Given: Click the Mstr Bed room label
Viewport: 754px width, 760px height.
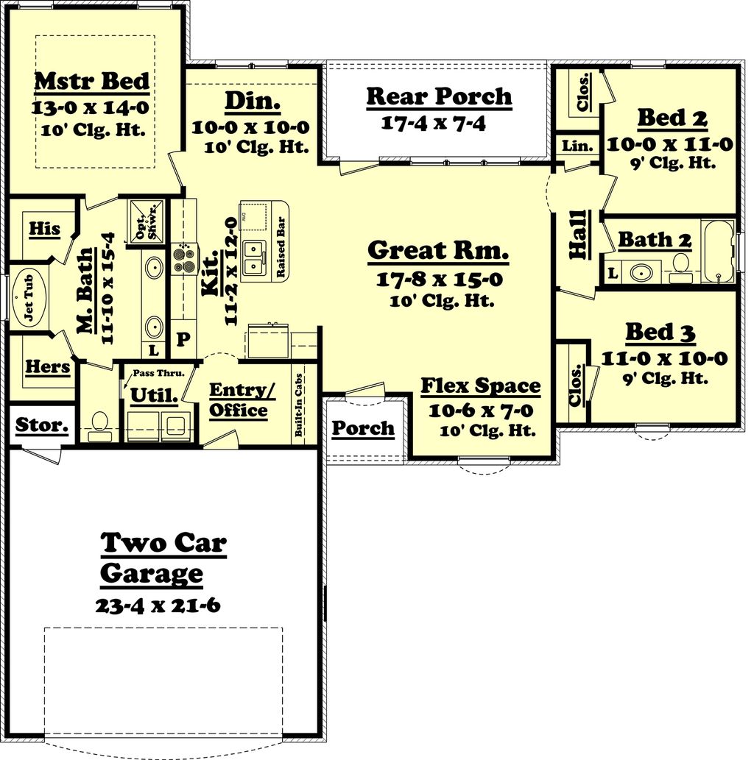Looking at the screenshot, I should [x=92, y=81].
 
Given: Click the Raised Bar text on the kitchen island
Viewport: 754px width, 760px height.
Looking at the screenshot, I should [x=281, y=250].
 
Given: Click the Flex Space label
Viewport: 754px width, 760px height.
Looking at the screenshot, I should [x=480, y=386].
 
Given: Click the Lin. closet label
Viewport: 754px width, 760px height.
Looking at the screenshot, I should [x=577, y=146].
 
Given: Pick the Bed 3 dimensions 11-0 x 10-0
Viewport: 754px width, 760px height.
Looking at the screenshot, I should [x=664, y=359].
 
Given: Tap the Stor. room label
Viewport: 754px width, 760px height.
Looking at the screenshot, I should [x=42, y=425].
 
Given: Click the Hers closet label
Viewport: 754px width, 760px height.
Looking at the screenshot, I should [x=47, y=366].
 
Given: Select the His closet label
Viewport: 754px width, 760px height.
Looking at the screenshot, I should [x=44, y=229].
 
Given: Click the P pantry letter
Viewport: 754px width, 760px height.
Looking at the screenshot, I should [x=183, y=339].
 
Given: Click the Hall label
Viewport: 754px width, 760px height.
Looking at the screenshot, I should [x=578, y=234].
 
